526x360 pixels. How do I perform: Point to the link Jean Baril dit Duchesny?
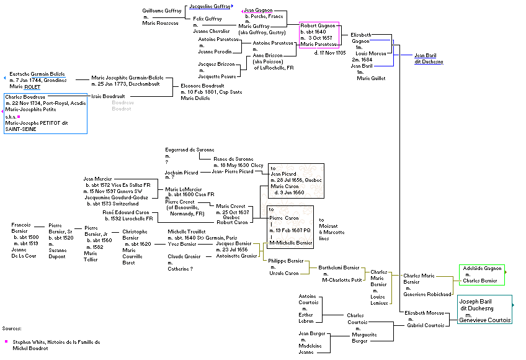429,58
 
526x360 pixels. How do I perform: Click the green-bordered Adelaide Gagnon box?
481,274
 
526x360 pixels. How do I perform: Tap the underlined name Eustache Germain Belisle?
37,74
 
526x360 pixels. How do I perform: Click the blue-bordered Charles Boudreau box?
45,113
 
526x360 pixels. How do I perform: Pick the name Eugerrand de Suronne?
190,150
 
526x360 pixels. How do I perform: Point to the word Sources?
12,328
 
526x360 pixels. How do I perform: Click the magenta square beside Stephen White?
6,341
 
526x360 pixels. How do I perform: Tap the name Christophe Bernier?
135,234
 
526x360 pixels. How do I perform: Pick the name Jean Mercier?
98,178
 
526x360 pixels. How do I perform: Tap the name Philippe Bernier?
283,261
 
